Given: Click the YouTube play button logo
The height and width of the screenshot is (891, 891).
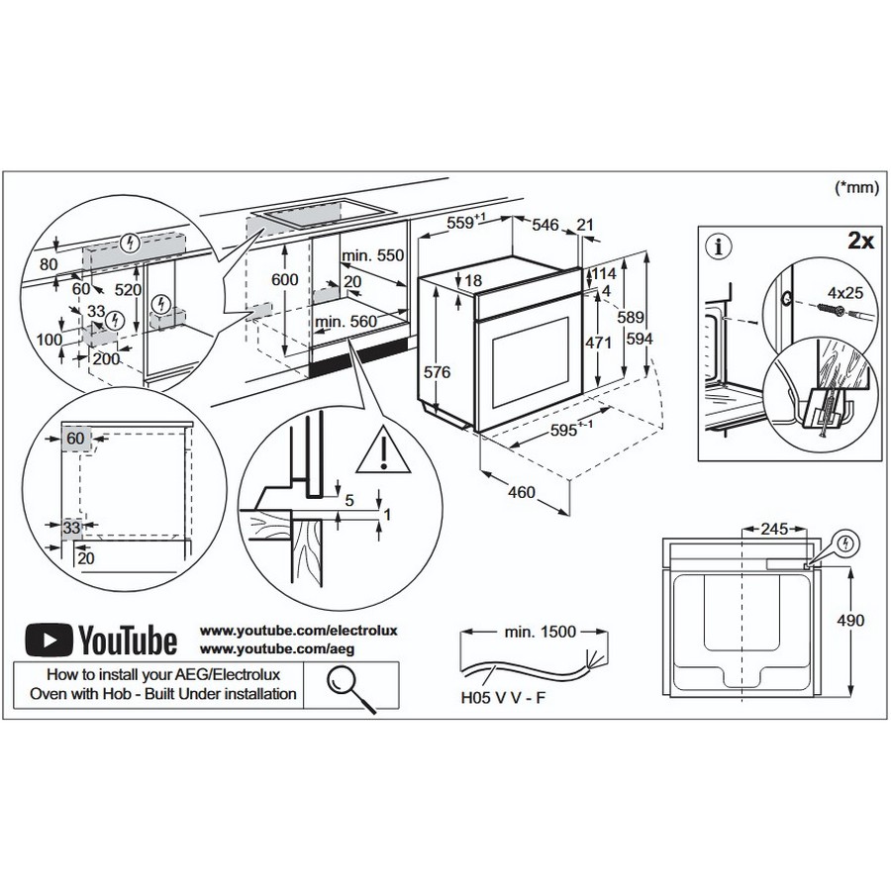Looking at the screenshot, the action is [x=49, y=640].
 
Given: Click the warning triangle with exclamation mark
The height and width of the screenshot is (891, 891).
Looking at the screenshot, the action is [x=383, y=449].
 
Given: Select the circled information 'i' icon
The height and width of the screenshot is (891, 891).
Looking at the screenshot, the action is [x=719, y=247].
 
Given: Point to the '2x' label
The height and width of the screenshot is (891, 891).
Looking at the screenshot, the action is [x=861, y=241].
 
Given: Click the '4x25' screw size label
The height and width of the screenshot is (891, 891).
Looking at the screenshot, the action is [x=845, y=293].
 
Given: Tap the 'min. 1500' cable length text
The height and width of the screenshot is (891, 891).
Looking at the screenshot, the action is [x=540, y=632].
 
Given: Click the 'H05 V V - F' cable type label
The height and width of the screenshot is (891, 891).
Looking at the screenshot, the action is [x=503, y=698].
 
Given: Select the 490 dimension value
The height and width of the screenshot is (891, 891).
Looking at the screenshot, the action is [x=850, y=620].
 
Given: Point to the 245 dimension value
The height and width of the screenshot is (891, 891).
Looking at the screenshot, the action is [x=774, y=529].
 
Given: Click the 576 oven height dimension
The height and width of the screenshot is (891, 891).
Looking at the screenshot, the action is [x=437, y=372].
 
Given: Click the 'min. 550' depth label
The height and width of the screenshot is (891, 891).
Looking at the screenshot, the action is [x=372, y=255].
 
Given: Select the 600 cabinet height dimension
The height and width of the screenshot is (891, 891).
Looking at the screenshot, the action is [x=284, y=279].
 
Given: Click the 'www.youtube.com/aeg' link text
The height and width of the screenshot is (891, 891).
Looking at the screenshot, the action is [x=277, y=648].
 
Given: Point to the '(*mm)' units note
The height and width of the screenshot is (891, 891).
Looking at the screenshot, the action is [x=856, y=186].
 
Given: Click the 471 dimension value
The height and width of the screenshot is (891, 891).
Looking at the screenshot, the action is [x=599, y=343].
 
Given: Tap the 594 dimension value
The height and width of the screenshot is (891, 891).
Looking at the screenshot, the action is [x=640, y=339].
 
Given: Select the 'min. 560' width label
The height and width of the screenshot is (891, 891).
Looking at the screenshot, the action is [x=346, y=322].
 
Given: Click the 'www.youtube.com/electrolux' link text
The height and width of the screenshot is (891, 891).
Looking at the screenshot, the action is [x=298, y=631].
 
